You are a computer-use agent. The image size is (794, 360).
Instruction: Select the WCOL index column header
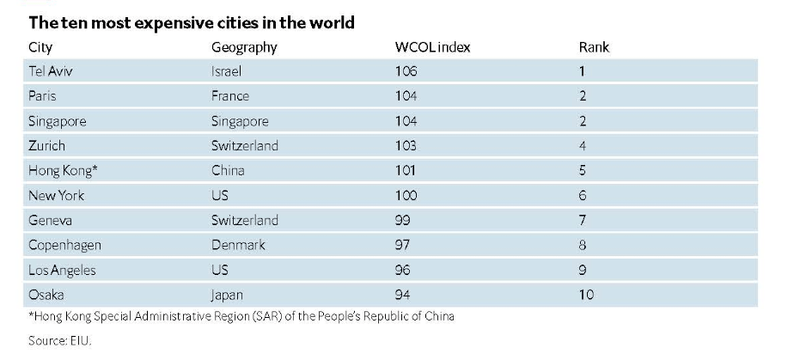[432, 47]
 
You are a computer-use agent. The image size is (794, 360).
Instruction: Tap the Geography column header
[244, 47]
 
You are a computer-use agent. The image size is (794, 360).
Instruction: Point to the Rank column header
[594, 47]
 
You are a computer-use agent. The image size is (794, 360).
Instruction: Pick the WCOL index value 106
[406, 71]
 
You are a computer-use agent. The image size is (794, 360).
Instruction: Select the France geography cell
[230, 96]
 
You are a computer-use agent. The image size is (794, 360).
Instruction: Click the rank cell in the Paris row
[583, 96]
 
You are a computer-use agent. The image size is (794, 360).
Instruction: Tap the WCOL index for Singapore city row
[406, 121]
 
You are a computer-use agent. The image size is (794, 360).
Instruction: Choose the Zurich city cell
[46, 146]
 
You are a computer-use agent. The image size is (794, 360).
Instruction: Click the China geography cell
[228, 170]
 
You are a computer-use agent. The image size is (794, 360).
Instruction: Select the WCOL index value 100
[406, 195]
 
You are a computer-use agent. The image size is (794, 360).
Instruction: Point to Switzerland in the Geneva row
[245, 220]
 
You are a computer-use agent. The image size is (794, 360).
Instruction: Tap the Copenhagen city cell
[64, 245]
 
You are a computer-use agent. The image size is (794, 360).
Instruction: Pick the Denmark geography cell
[238, 245]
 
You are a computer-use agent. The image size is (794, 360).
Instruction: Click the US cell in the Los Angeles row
[220, 270]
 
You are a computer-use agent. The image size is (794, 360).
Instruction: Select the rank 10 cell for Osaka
[586, 295]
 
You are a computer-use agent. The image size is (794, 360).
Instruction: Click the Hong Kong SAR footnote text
[241, 316]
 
